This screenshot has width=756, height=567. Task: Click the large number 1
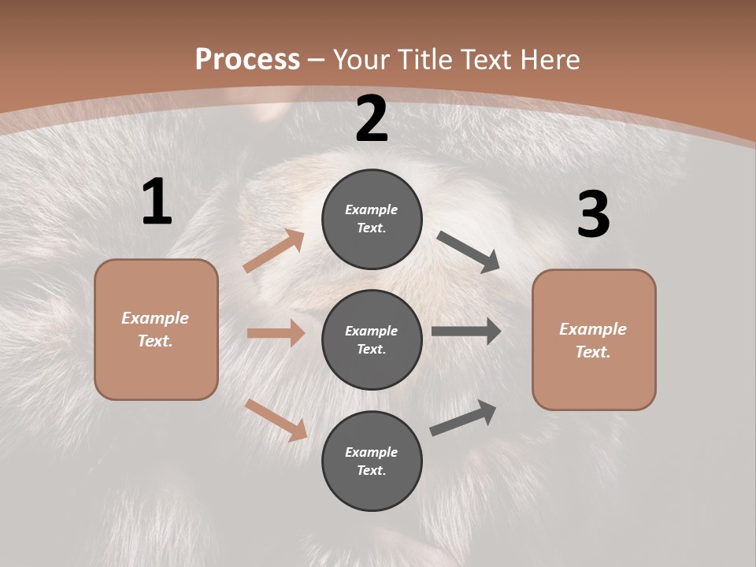(x=157, y=202)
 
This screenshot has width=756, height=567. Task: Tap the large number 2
(x=372, y=119)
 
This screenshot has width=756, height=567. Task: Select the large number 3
(x=593, y=214)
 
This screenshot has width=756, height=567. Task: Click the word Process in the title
(x=247, y=59)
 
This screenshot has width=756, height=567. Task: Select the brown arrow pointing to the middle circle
(x=276, y=333)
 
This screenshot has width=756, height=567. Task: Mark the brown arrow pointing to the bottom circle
(x=276, y=419)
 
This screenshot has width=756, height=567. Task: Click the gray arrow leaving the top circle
(x=468, y=252)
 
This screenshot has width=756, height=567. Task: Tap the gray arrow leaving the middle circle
(x=466, y=332)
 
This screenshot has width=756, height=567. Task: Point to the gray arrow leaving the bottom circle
(x=463, y=418)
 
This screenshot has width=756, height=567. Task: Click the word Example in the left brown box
(x=155, y=318)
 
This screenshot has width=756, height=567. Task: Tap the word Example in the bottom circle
(x=372, y=452)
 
